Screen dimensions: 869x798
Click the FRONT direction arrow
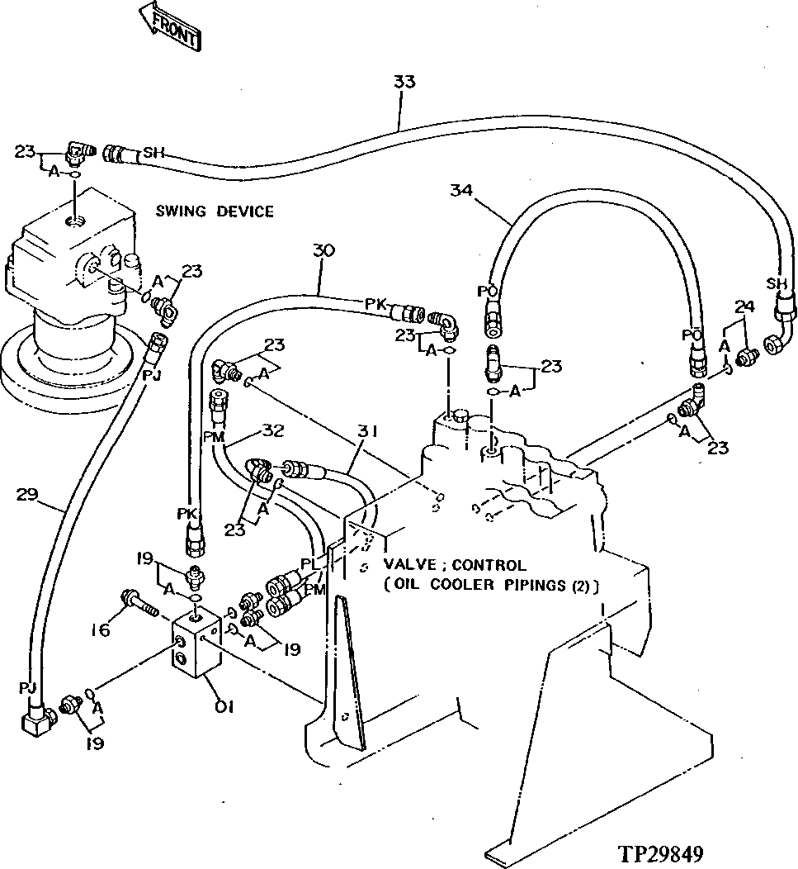169,27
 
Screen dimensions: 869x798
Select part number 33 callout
404,83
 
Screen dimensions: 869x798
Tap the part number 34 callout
461,191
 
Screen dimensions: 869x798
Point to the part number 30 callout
324,250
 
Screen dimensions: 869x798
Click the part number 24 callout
745,307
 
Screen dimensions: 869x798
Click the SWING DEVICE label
215,212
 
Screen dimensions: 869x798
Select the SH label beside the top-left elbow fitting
153,153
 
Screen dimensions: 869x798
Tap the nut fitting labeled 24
748,357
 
